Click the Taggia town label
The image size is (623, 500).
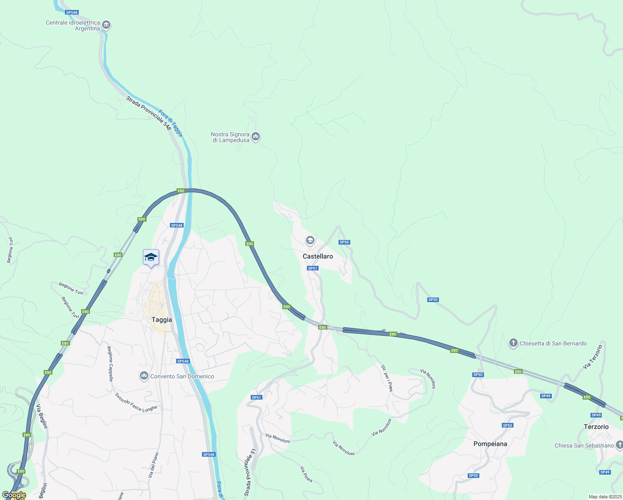point(162,320)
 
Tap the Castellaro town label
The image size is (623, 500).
point(318,256)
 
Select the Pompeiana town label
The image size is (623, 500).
point(490,444)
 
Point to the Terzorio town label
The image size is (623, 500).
point(596,427)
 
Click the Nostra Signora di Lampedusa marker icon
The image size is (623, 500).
point(256,137)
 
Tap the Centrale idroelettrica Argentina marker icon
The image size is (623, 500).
point(106,25)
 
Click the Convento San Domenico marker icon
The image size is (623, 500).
point(144,376)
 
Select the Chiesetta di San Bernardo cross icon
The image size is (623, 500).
point(513,343)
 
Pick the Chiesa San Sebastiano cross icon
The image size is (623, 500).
point(619,445)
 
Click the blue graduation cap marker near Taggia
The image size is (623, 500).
point(151,257)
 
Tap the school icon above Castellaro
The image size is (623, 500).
point(309,240)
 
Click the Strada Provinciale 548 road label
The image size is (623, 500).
point(149,113)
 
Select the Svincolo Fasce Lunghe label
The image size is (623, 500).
point(136,403)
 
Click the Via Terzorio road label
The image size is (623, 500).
point(593,357)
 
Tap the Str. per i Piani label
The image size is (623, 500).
point(387,378)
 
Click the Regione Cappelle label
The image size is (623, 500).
point(110,364)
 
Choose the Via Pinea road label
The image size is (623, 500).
point(306,474)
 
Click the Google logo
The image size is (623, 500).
point(14,495)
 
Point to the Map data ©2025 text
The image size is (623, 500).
point(605,497)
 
